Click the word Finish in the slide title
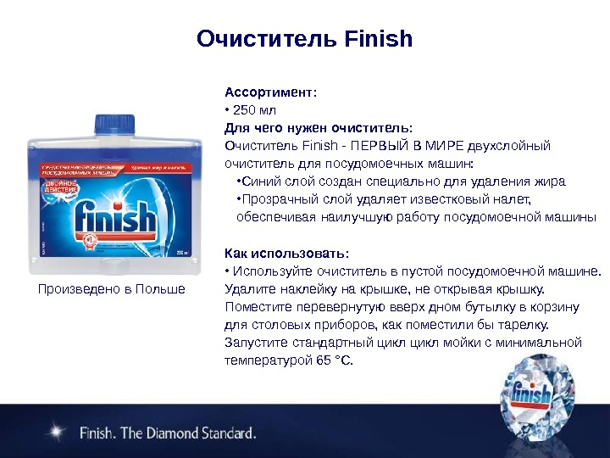pos(380,39)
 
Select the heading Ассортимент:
pos(270,92)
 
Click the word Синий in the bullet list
pos(258,182)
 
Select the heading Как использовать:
pos(286,254)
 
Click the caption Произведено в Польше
pos(112,289)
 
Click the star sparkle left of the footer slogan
pos(57,432)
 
